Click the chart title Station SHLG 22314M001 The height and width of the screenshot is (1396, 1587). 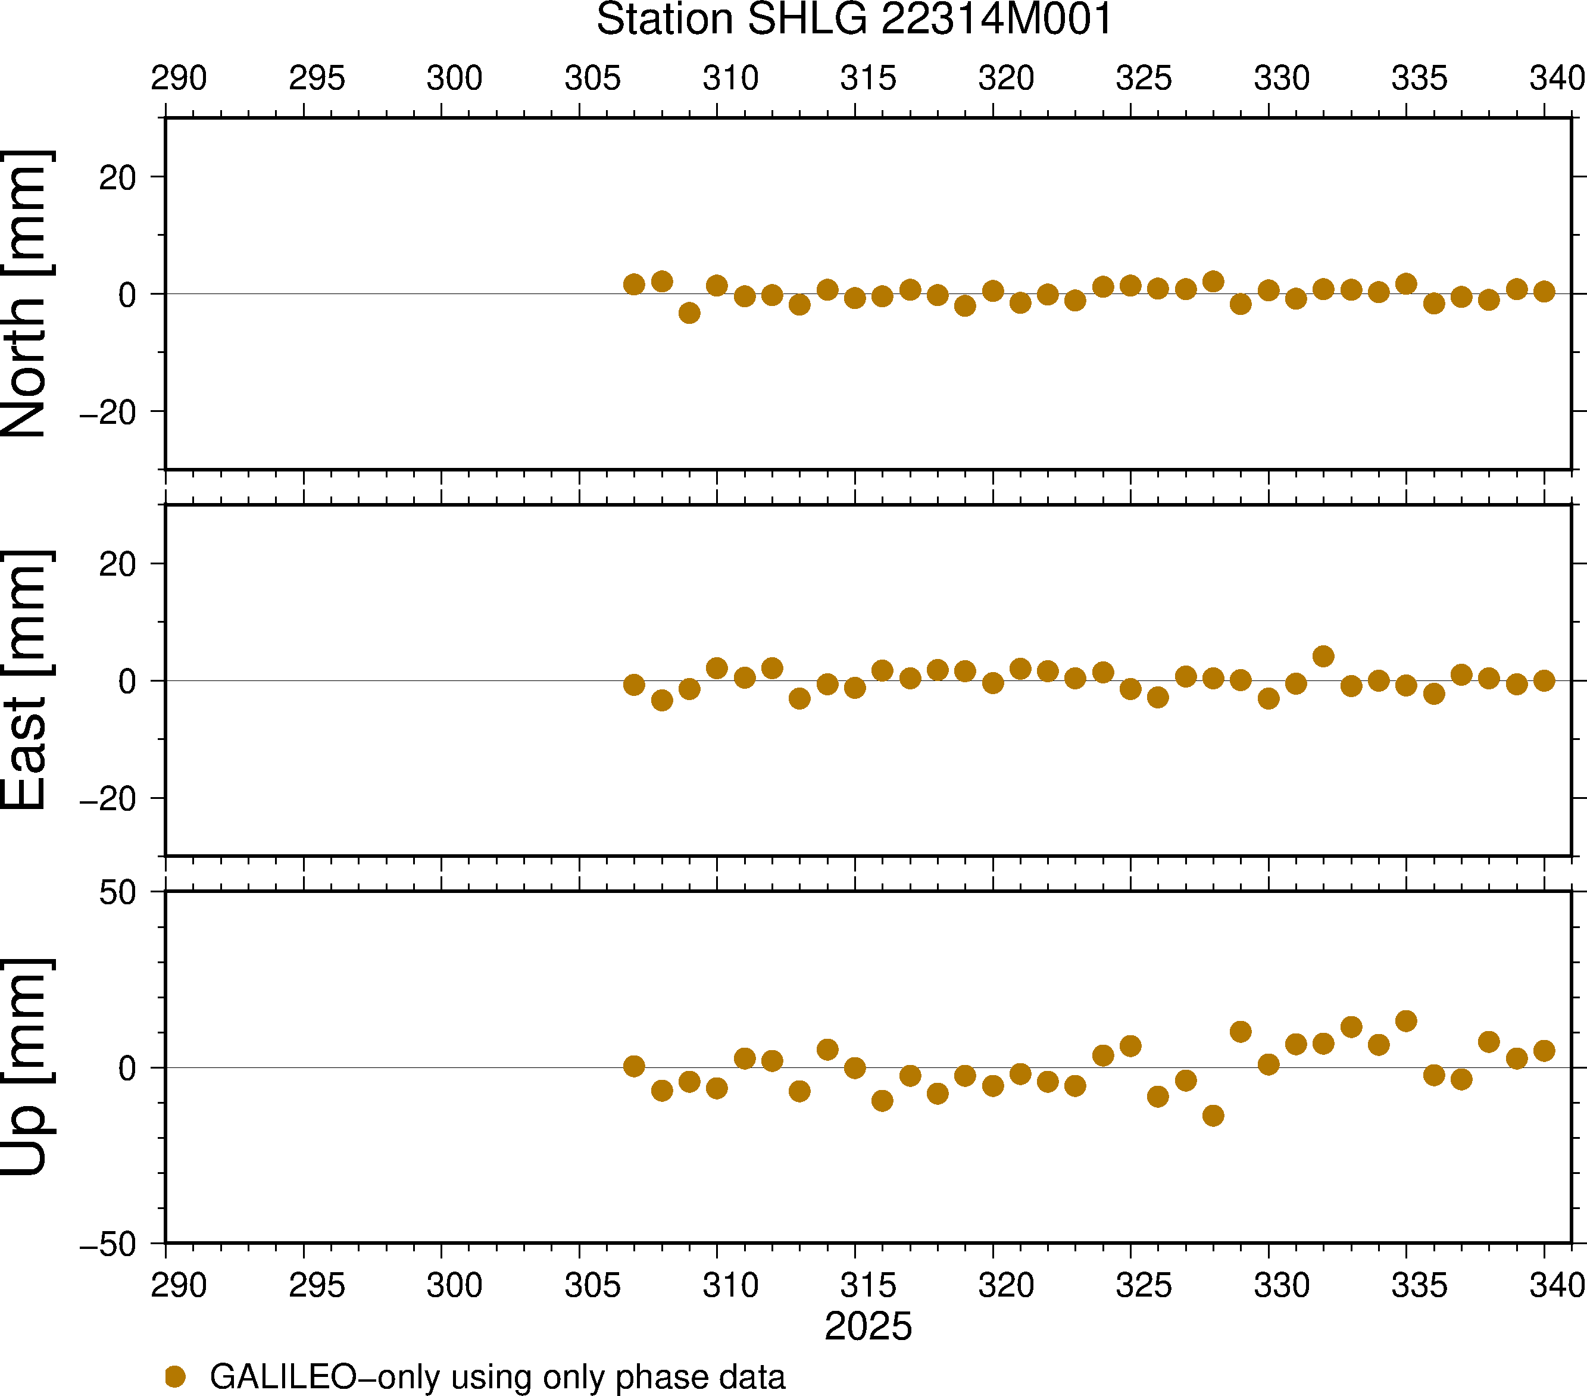854,20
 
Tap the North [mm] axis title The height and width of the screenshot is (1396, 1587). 25,293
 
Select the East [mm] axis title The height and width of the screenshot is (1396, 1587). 25,680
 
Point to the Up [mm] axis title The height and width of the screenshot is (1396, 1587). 25,1067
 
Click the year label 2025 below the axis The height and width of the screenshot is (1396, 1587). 868,1326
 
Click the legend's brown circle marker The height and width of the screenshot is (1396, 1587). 176,1376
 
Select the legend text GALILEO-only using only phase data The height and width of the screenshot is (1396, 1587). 497,1376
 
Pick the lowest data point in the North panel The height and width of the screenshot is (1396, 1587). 689,313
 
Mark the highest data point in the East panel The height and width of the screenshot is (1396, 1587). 1323,656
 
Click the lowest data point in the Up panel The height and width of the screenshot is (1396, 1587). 1213,1116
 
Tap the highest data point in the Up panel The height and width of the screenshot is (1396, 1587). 1405,1021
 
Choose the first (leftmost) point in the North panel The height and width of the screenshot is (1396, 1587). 633,284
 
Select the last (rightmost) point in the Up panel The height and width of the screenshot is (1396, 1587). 1544,1051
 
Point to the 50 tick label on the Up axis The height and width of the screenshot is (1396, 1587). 117,893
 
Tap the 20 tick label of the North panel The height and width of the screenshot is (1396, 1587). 117,178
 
